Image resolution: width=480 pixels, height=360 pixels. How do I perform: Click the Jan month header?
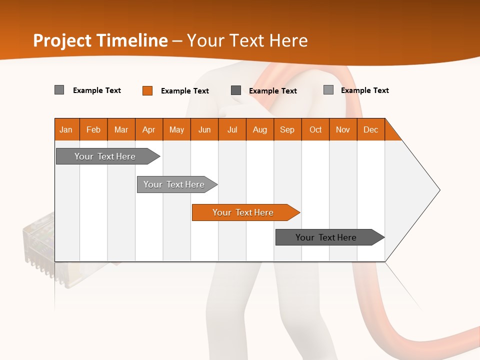click(x=66, y=129)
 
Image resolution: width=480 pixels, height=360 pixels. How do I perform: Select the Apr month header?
click(x=148, y=129)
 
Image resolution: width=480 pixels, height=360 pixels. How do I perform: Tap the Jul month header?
click(x=232, y=129)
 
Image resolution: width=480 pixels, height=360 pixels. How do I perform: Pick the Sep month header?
click(x=287, y=129)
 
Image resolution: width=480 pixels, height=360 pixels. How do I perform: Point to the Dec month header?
click(x=370, y=129)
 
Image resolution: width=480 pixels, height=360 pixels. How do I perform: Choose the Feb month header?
click(x=93, y=129)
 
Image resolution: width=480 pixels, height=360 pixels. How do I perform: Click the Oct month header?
click(x=315, y=129)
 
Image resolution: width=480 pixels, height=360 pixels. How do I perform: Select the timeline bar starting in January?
click(x=105, y=156)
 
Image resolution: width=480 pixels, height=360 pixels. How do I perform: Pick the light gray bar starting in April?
click(x=174, y=184)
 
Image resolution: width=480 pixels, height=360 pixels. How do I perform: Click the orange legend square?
click(x=147, y=90)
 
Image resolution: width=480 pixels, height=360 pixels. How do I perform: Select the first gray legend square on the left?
click(x=59, y=90)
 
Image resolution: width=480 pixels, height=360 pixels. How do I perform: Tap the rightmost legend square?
click(x=328, y=90)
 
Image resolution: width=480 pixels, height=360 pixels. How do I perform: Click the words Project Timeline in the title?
click(x=100, y=40)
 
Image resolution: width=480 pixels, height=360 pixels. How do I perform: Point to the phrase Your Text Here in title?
click(x=247, y=40)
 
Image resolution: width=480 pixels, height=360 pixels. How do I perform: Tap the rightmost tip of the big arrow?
click(x=439, y=190)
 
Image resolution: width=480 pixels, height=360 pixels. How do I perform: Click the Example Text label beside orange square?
click(x=185, y=91)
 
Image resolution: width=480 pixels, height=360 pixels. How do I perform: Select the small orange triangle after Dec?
click(x=391, y=133)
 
